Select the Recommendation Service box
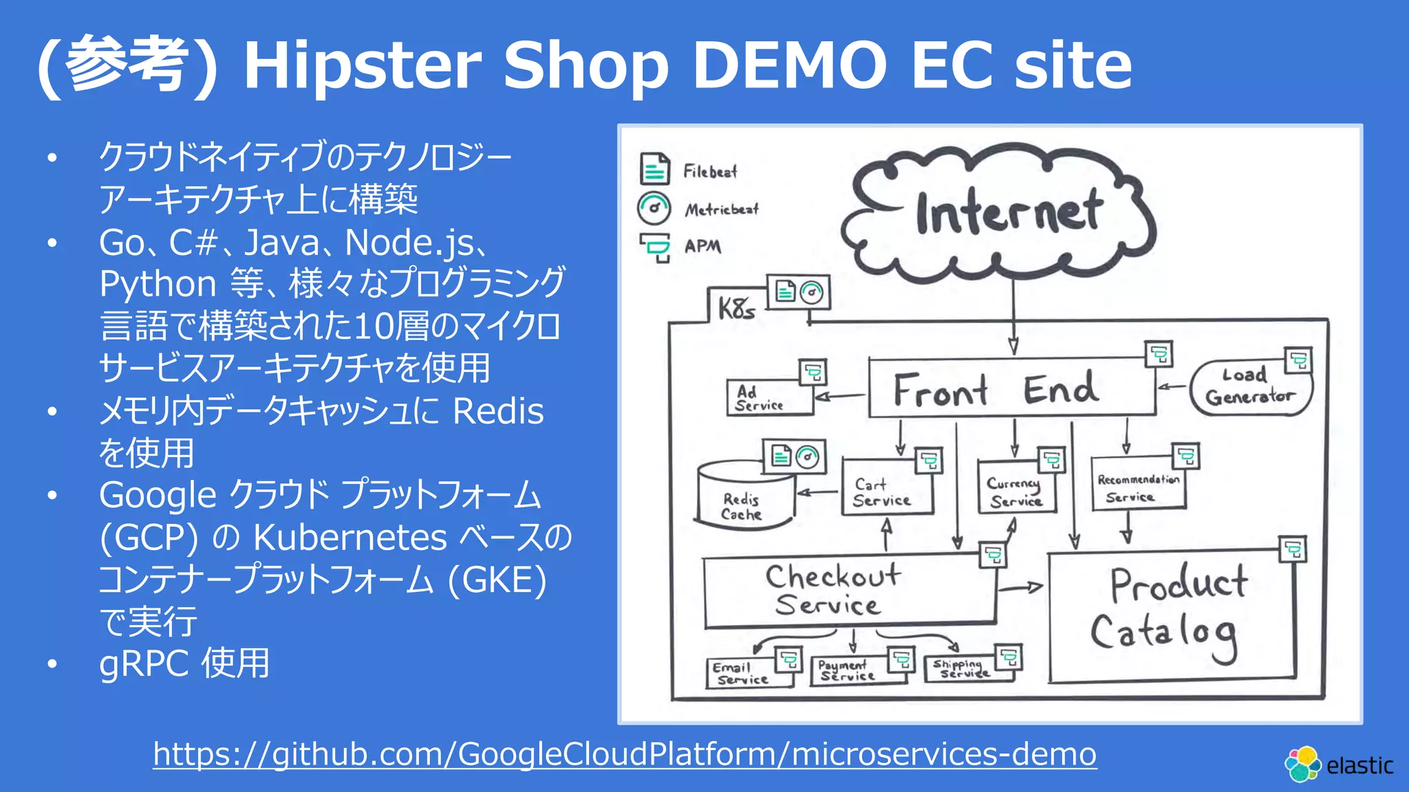(x=1138, y=487)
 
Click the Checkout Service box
(x=846, y=589)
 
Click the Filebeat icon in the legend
(x=654, y=169)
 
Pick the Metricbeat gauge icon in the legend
(x=654, y=208)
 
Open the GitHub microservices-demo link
(x=625, y=754)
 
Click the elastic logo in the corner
(x=1338, y=764)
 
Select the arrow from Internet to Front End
(x=1013, y=316)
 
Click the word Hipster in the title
(x=363, y=65)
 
